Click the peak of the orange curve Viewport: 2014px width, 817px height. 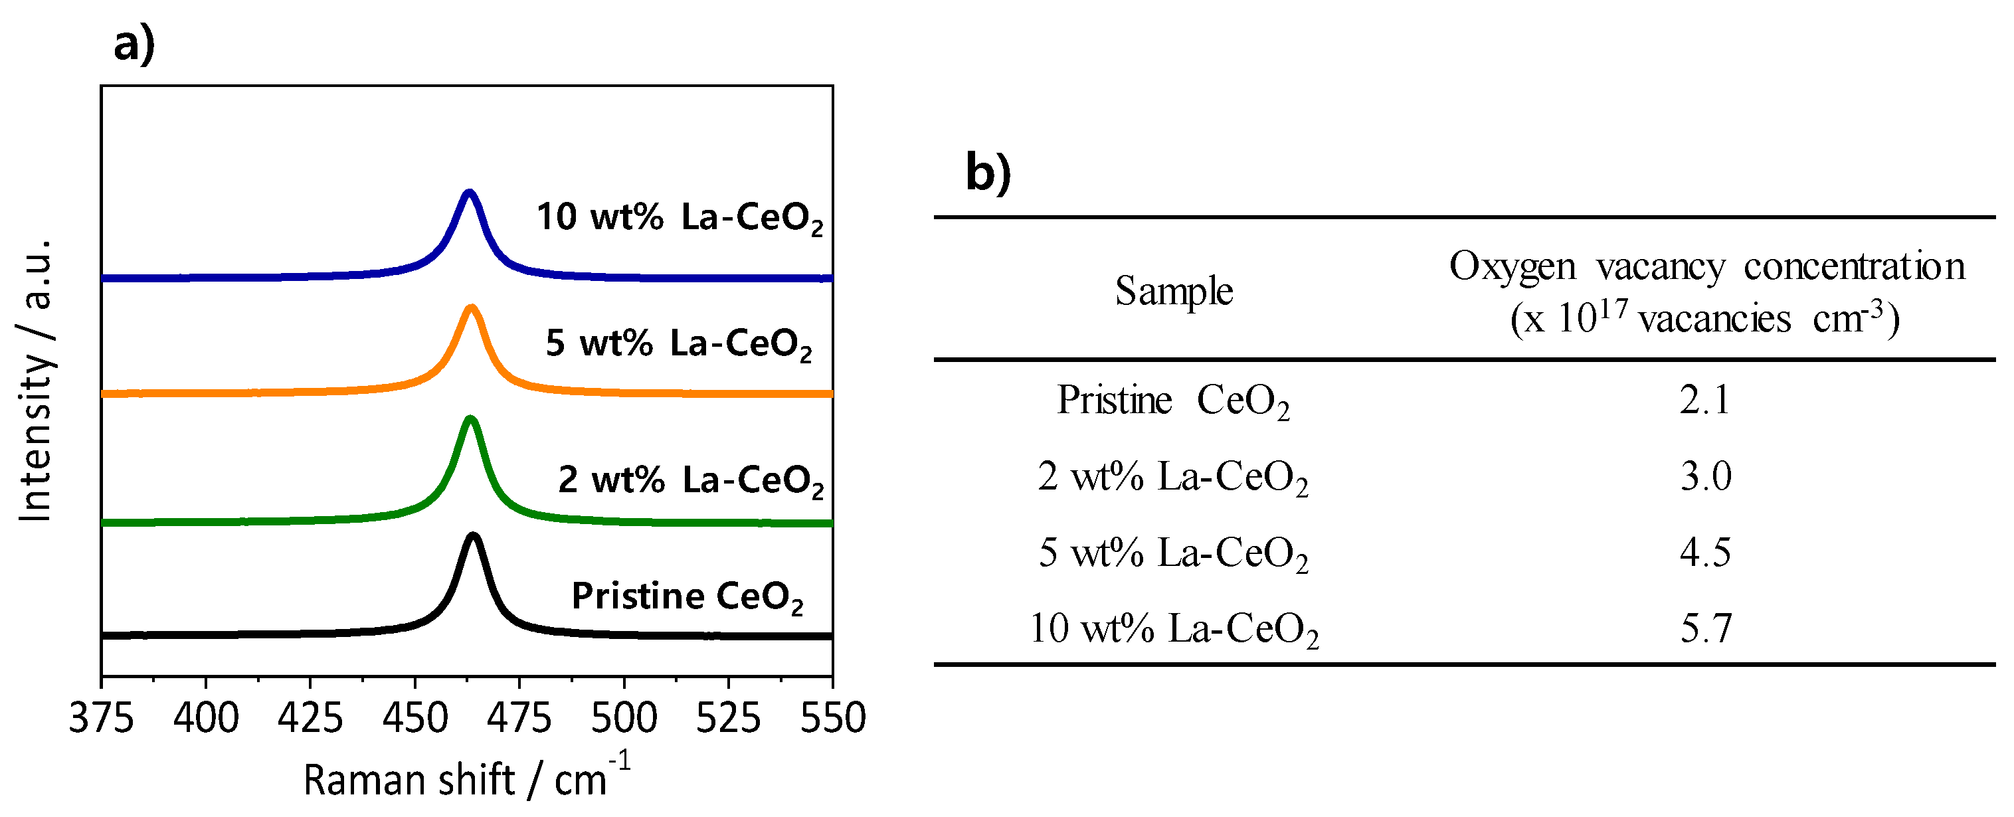pyautogui.click(x=471, y=308)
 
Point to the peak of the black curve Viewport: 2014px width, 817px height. pyautogui.click(x=472, y=535)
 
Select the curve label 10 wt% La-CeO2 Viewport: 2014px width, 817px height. pyautogui.click(x=679, y=217)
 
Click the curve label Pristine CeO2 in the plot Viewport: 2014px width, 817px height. pyautogui.click(x=686, y=597)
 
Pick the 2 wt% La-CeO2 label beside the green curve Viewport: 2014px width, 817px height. pyautogui.click(x=689, y=480)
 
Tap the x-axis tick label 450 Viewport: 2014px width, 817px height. pyautogui.click(x=414, y=718)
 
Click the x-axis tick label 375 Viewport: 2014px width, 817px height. pyautogui.click(x=102, y=718)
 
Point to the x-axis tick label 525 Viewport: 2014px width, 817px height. pyautogui.click(x=728, y=718)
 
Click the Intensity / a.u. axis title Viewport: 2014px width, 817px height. pyautogui.click(x=36, y=380)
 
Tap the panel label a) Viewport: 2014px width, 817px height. pyautogui.click(x=134, y=44)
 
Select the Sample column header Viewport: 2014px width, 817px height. pyautogui.click(x=1174, y=292)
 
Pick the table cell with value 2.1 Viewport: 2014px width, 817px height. pyautogui.click(x=1704, y=401)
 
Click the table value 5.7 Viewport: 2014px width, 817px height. pyautogui.click(x=1706, y=628)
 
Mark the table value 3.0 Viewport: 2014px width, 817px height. pyautogui.click(x=1705, y=476)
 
